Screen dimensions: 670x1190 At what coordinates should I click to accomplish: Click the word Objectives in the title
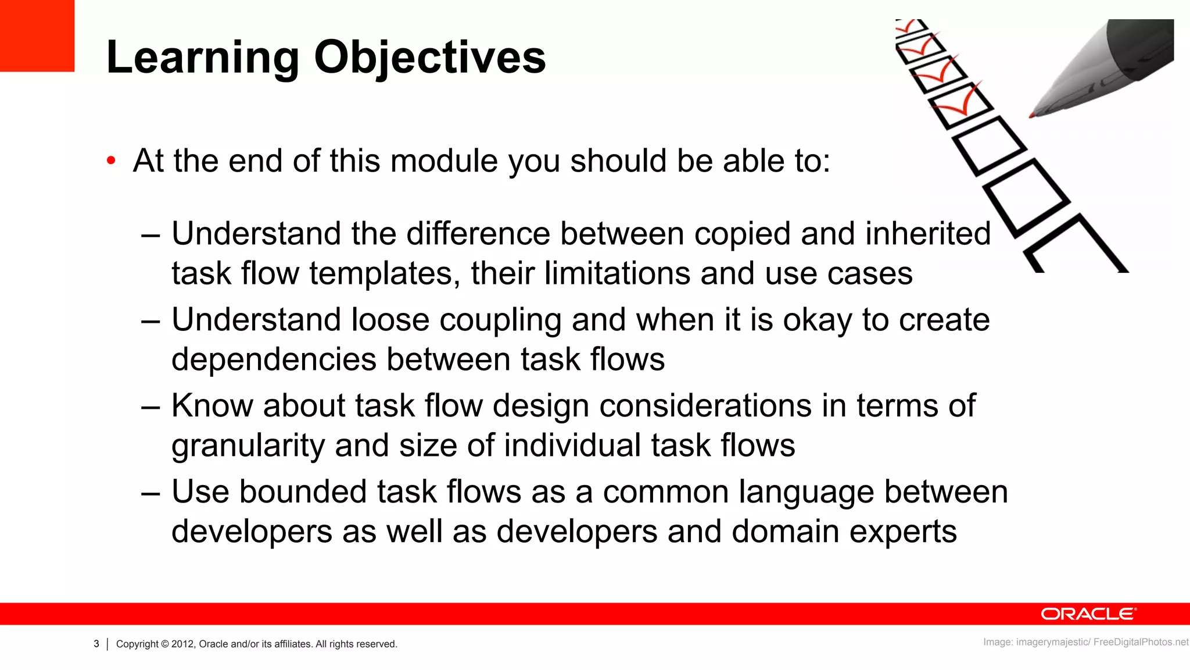point(430,58)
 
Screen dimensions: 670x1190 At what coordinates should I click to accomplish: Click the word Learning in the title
point(203,58)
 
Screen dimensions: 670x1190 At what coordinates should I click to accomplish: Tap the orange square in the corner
point(37,35)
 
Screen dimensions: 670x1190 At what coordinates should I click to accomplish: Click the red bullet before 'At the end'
point(112,161)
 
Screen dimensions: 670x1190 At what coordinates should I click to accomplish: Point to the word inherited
point(927,234)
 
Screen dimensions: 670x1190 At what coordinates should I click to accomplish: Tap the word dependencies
point(274,359)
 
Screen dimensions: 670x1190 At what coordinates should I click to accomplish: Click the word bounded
point(303,491)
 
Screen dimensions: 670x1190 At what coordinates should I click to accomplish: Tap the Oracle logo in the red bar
point(1088,614)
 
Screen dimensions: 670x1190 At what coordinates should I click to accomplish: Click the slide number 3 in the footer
point(96,644)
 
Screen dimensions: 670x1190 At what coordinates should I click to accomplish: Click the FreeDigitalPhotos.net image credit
point(1141,642)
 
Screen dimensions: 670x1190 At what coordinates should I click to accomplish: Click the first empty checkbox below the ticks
point(988,145)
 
